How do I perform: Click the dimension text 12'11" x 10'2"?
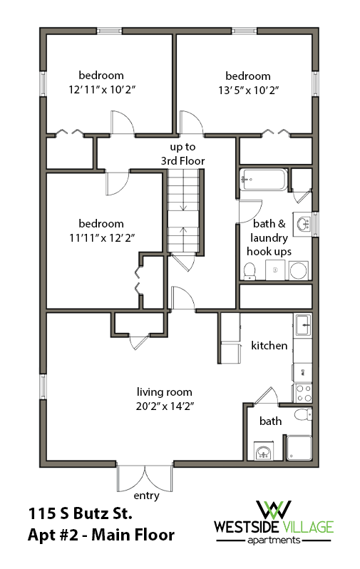point(101,90)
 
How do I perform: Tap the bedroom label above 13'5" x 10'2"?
point(248,76)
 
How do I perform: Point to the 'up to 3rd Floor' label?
point(182,154)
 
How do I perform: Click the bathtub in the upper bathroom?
point(263,179)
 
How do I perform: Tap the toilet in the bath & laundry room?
point(250,270)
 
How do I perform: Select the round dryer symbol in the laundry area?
point(299,270)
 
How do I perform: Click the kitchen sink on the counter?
point(302,325)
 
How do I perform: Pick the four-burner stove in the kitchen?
point(302,393)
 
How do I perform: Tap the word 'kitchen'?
point(269,346)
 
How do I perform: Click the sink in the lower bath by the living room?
point(264,451)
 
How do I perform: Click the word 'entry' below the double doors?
point(145,495)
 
